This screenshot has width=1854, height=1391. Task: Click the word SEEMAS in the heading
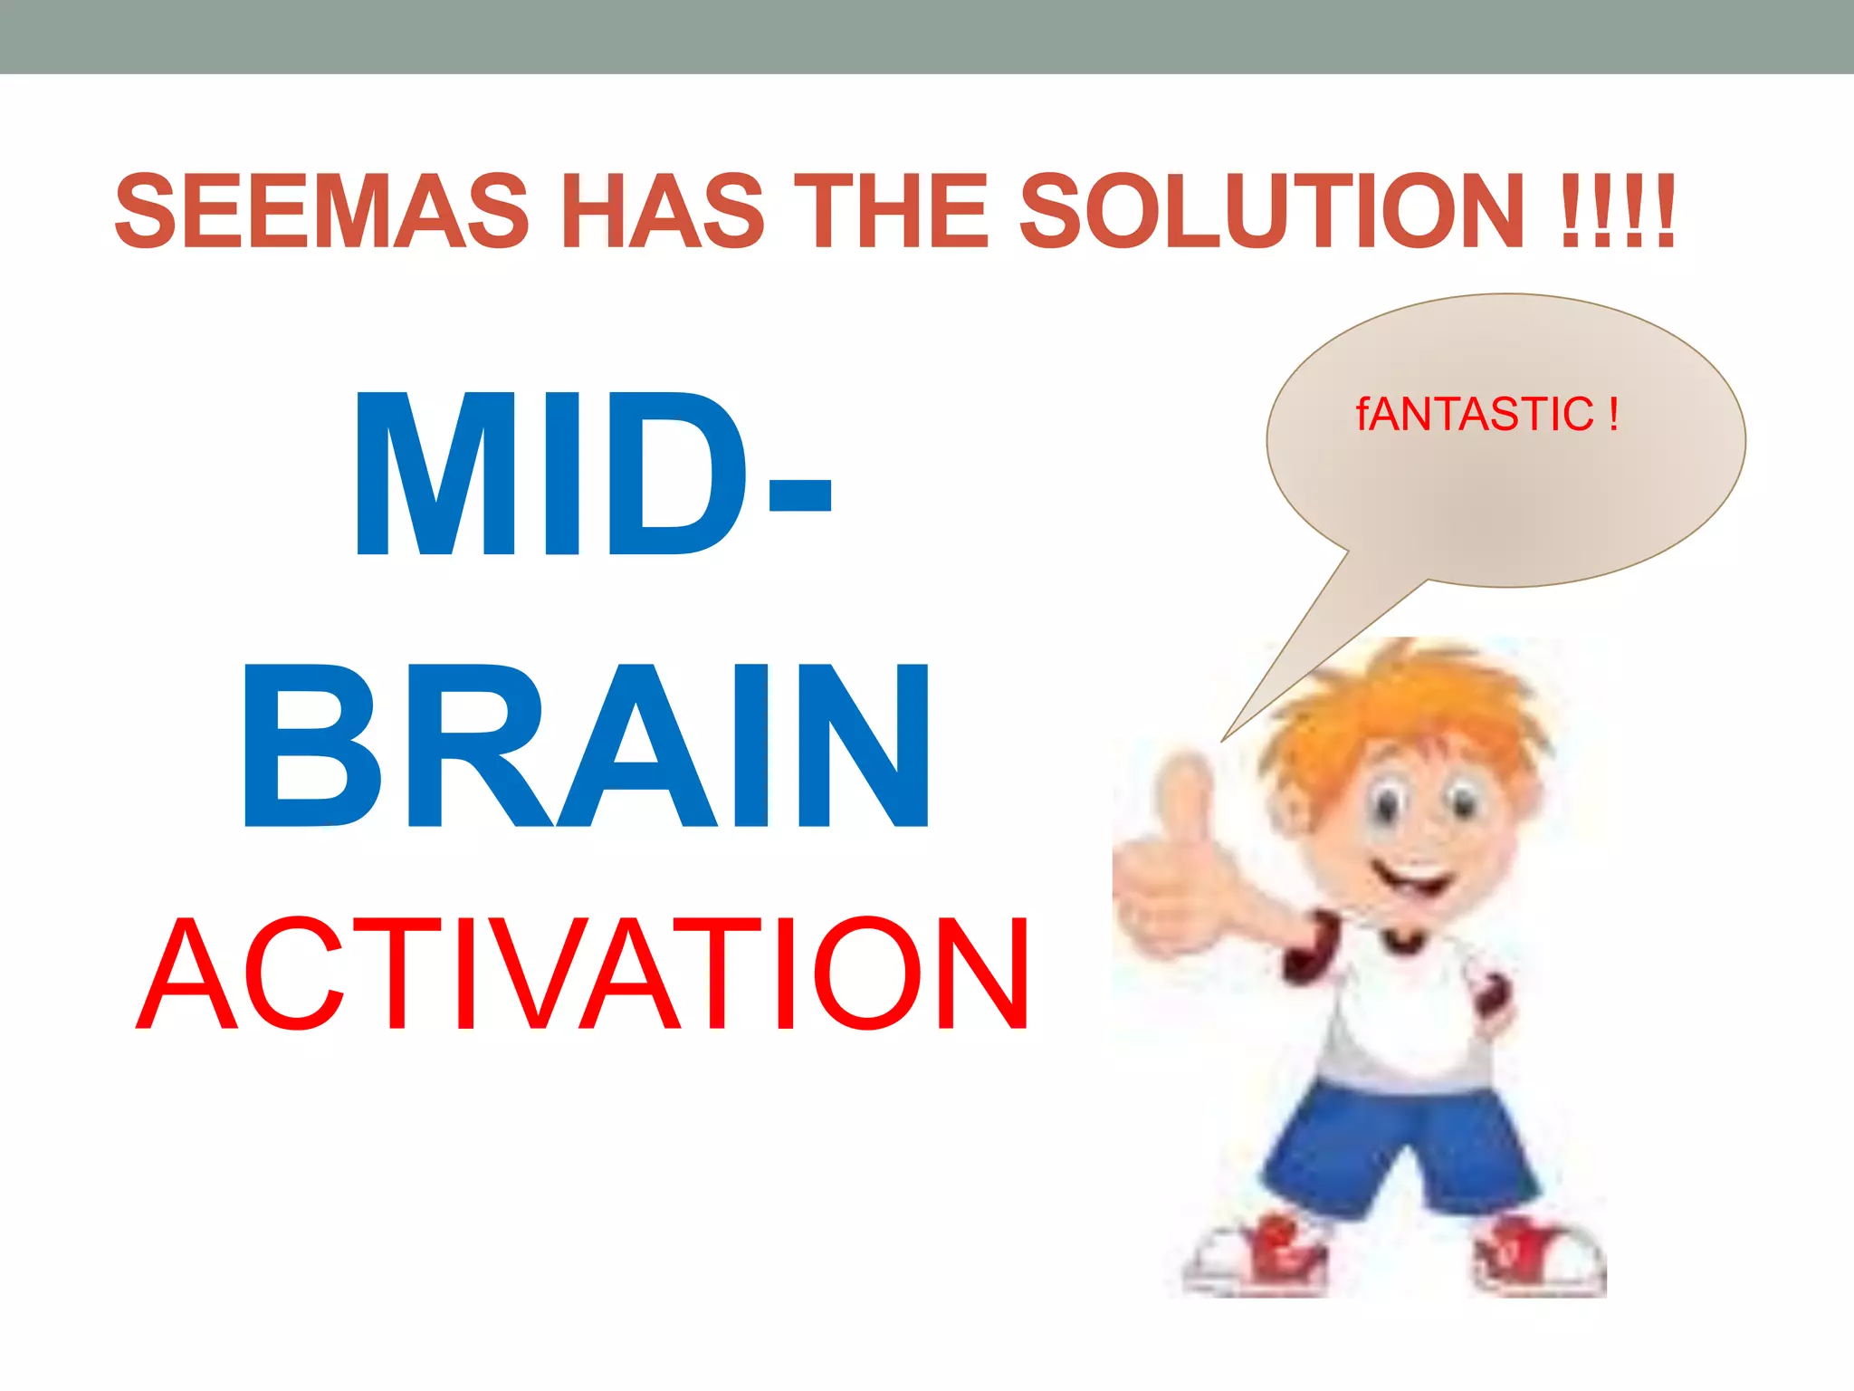click(320, 211)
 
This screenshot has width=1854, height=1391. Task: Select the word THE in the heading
click(891, 211)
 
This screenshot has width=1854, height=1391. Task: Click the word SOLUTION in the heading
click(1271, 211)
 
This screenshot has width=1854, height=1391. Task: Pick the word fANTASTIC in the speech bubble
click(1474, 415)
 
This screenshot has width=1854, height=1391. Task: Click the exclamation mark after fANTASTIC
click(1613, 414)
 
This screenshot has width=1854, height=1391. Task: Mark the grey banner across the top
click(927, 36)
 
